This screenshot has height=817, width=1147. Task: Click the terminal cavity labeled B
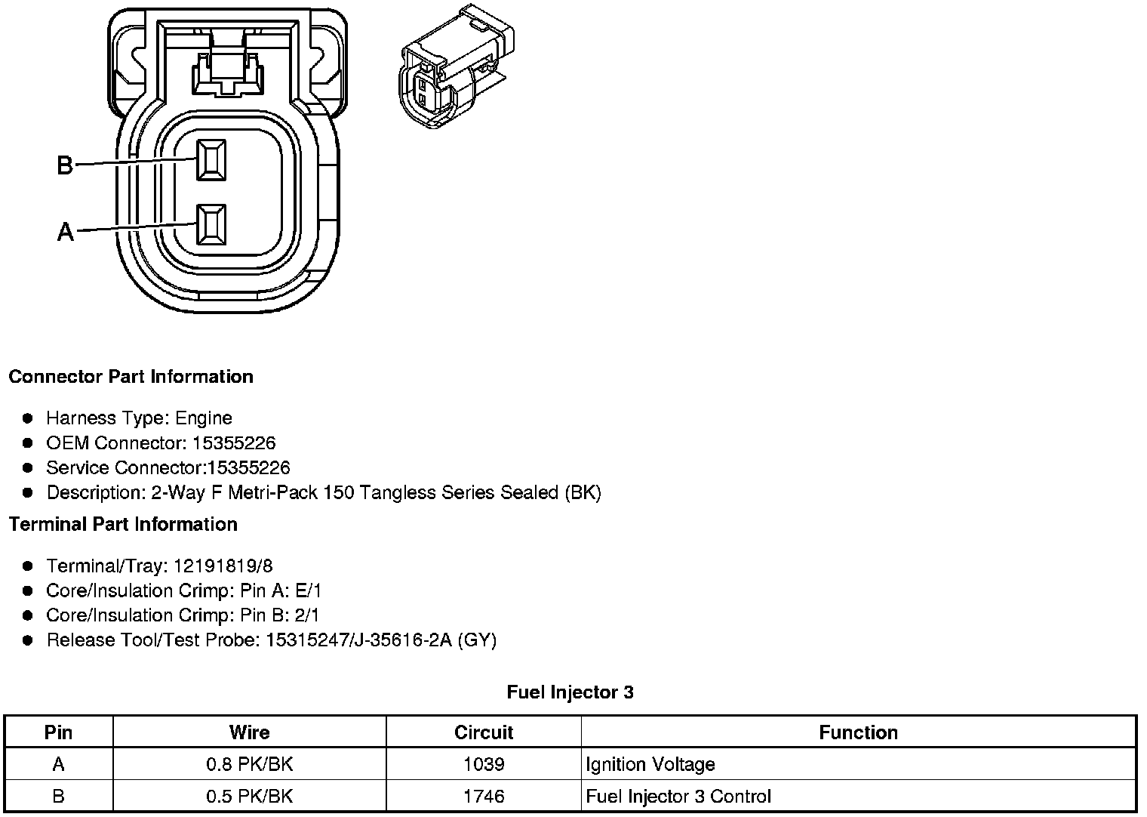(x=211, y=160)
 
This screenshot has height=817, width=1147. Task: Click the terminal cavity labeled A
(x=211, y=224)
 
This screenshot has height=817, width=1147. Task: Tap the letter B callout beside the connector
(x=66, y=165)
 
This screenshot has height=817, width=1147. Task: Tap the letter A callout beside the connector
(x=66, y=232)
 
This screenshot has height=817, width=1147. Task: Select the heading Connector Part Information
(x=131, y=377)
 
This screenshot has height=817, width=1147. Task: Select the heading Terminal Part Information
(x=123, y=524)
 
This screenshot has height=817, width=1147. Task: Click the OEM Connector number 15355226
(x=234, y=443)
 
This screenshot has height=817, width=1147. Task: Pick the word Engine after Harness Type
(x=204, y=418)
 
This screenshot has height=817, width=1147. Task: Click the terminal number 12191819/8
(x=223, y=566)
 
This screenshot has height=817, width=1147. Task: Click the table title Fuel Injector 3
(x=570, y=692)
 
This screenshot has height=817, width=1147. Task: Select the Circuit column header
(x=483, y=732)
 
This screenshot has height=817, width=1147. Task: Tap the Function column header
(x=858, y=732)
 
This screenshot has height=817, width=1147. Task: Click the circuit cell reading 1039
(x=483, y=764)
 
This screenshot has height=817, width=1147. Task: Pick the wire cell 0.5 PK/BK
(x=249, y=796)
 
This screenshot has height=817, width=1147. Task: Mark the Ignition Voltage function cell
(x=650, y=764)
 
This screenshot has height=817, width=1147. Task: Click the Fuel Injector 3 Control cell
(x=678, y=796)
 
